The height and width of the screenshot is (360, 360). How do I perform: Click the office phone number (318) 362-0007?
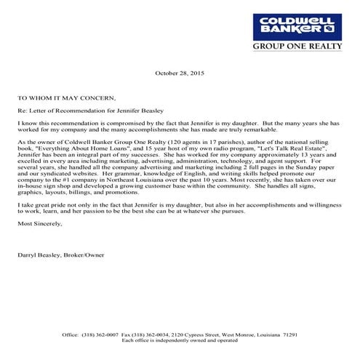(x=103, y=334)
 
